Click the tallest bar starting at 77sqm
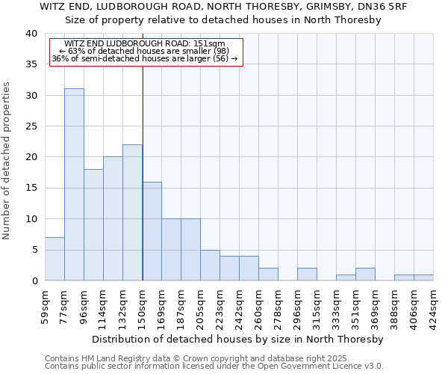click(74, 185)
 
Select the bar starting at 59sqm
click(55, 259)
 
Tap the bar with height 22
click(132, 212)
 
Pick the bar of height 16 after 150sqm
click(152, 231)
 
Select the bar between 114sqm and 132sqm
click(113, 218)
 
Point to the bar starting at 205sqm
click(210, 265)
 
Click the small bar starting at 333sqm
click(346, 278)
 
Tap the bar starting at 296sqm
click(307, 275)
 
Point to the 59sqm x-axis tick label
click(46, 305)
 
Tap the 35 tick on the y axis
click(31, 64)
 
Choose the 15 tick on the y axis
click(31, 188)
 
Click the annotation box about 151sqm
click(146, 51)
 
